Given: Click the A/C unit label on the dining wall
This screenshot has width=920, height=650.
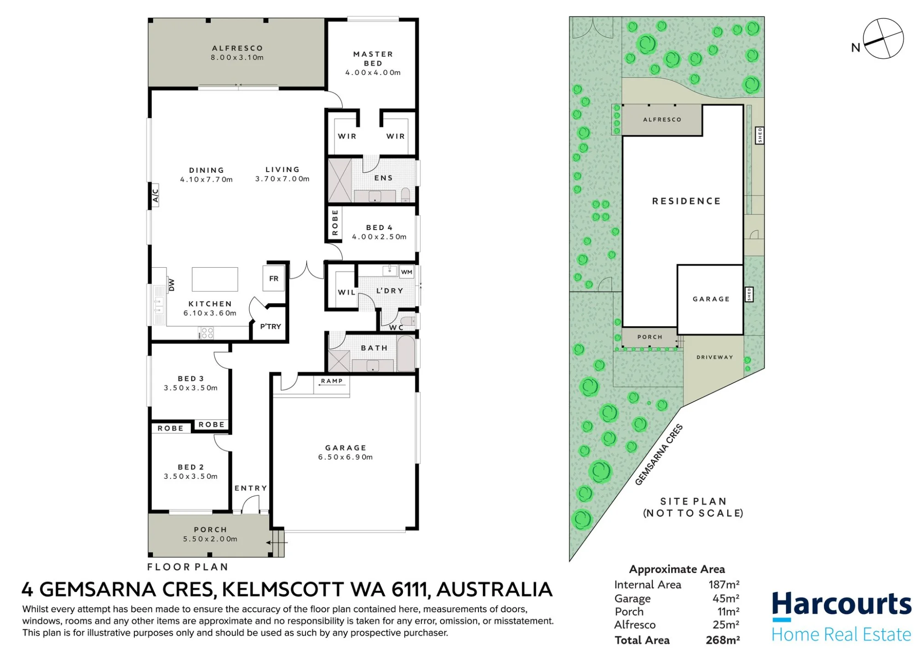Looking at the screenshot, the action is [155, 196].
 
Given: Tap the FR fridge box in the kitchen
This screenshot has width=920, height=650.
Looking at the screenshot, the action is [274, 278].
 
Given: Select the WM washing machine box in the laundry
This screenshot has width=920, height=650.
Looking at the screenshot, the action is [407, 272].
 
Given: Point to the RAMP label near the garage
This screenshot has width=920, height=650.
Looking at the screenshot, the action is [332, 381].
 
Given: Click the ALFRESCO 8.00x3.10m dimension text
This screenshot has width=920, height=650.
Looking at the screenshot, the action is [237, 58].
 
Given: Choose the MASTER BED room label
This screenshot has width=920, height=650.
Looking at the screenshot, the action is [373, 58].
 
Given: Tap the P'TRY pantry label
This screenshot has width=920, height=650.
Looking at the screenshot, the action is [270, 326].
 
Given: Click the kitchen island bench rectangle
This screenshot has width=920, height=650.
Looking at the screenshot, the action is [215, 279].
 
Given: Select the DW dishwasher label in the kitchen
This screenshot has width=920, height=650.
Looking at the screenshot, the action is [172, 285].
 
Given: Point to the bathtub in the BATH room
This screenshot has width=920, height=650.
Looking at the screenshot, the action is [406, 353].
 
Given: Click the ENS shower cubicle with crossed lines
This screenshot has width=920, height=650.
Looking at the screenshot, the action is [340, 180].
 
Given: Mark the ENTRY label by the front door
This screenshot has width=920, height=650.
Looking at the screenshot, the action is [251, 488].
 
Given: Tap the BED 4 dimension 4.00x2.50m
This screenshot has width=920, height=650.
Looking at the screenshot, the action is [379, 237].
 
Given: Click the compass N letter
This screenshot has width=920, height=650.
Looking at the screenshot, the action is [856, 47].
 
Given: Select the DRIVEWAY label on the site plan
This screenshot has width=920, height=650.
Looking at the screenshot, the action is [714, 357].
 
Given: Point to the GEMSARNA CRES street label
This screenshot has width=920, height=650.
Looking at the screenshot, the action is [659, 454].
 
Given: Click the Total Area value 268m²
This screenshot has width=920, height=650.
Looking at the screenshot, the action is [723, 639].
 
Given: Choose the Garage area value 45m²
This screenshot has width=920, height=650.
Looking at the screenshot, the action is [726, 598].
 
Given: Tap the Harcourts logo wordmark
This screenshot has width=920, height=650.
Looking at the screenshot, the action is [841, 605].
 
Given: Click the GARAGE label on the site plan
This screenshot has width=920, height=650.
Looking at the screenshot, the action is [711, 299].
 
